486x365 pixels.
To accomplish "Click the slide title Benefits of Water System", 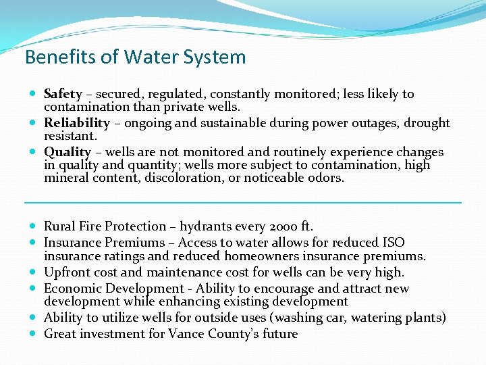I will tap(135, 57).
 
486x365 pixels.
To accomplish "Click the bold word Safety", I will tap(63, 94).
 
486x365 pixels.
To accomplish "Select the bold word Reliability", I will tap(77, 123).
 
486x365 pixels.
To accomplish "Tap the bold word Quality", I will tap(67, 152).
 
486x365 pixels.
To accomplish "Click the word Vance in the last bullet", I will tap(186, 333).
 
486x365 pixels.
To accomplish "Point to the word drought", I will tap(427, 123).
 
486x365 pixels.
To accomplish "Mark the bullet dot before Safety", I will tap(34, 94).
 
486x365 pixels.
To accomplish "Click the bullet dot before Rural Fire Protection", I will tap(34, 226).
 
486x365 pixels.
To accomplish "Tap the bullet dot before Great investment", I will tap(34, 333).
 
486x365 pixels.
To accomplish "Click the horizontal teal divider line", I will tap(243, 202).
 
